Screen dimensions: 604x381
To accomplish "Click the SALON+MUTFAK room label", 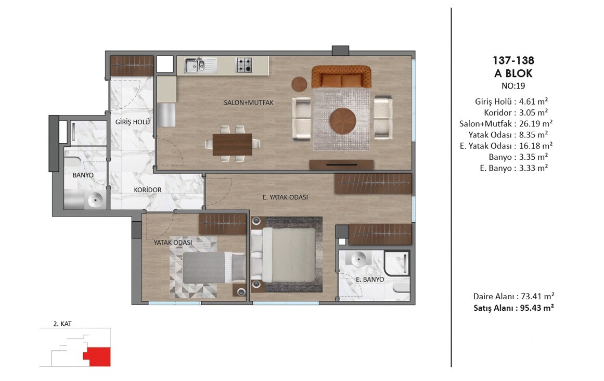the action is click(249, 103).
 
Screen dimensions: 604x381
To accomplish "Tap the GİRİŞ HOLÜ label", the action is click(133, 122).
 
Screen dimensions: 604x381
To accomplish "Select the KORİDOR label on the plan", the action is click(148, 190).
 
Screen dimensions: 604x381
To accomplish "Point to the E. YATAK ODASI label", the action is click(285, 197).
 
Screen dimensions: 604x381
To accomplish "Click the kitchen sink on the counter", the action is click(200, 65).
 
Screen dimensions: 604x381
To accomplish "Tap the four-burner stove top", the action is click(244, 65).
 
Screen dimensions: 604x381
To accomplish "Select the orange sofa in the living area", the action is click(341, 77).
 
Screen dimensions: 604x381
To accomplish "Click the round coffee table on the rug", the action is click(342, 121).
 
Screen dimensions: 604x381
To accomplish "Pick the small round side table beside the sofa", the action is click(299, 84).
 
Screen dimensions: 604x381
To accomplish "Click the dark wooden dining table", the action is click(232, 145).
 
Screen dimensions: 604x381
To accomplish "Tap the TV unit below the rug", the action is click(341, 164).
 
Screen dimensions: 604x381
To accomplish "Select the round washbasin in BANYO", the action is click(95, 199).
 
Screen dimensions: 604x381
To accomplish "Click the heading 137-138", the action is click(513, 60).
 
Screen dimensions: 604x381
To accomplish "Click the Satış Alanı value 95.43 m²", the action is click(536, 308).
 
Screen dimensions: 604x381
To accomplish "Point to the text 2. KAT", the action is click(62, 324).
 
